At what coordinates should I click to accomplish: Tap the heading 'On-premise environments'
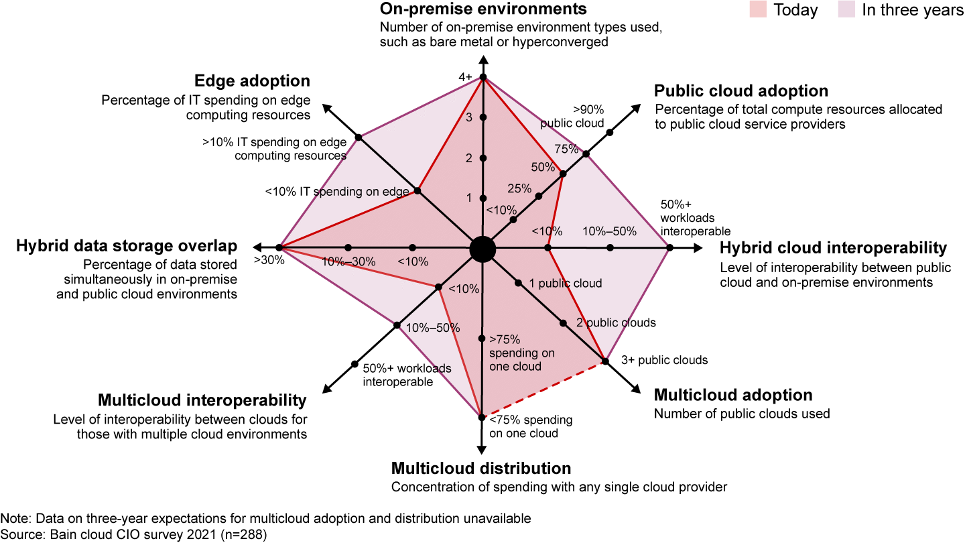tap(483, 9)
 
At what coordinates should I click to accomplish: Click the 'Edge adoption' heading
tap(252, 81)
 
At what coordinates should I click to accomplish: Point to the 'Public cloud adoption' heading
tap(741, 90)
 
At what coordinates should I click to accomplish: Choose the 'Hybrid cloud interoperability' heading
tap(833, 248)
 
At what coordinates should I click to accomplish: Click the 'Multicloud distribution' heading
tap(481, 468)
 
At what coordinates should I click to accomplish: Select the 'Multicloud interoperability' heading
tap(202, 401)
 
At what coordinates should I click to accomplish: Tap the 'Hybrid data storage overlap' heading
tap(126, 246)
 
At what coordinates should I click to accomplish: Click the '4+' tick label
tap(466, 78)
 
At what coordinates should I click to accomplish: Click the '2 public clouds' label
tap(616, 322)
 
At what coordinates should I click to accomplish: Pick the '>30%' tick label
tap(269, 260)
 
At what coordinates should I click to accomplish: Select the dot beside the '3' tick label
tap(482, 118)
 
